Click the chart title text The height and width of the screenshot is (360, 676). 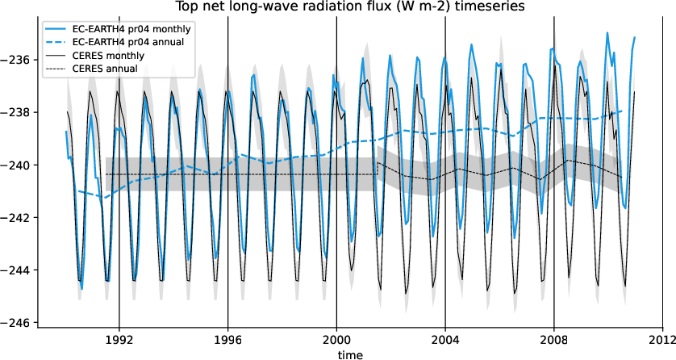pyautogui.click(x=338, y=7)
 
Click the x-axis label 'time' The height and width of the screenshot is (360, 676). pyautogui.click(x=349, y=354)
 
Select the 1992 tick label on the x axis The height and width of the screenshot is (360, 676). pyautogui.click(x=119, y=340)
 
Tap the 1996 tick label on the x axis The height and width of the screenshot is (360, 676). pyautogui.click(x=227, y=340)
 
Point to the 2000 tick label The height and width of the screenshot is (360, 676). pyautogui.click(x=336, y=340)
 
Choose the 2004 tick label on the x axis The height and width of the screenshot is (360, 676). pyautogui.click(x=445, y=340)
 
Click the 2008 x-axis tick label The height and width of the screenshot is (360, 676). pyautogui.click(x=554, y=340)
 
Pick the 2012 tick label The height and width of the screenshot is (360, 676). pyautogui.click(x=662, y=340)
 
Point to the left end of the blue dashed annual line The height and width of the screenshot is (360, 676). pyautogui.click(x=78, y=191)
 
